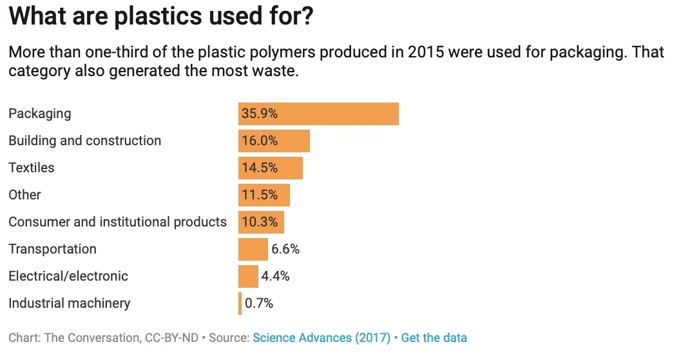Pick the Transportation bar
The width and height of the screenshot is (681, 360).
click(x=253, y=249)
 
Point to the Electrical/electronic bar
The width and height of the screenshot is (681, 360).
click(x=248, y=276)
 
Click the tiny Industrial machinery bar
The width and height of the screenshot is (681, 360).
click(x=240, y=303)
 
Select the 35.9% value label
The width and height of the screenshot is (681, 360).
click(x=260, y=114)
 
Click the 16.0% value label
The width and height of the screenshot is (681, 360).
click(x=260, y=141)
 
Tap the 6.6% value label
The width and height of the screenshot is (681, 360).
click(x=285, y=249)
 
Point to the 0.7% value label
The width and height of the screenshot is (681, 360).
click(x=259, y=303)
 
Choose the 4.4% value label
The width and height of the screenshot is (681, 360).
click(x=275, y=276)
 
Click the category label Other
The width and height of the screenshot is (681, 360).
click(x=24, y=195)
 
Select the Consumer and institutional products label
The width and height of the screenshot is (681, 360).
click(x=117, y=222)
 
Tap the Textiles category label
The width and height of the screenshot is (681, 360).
click(x=32, y=168)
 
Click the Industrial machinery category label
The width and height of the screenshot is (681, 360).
click(x=69, y=303)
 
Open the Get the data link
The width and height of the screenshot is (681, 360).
click(x=434, y=337)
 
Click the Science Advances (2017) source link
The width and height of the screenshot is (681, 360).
click(x=321, y=337)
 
